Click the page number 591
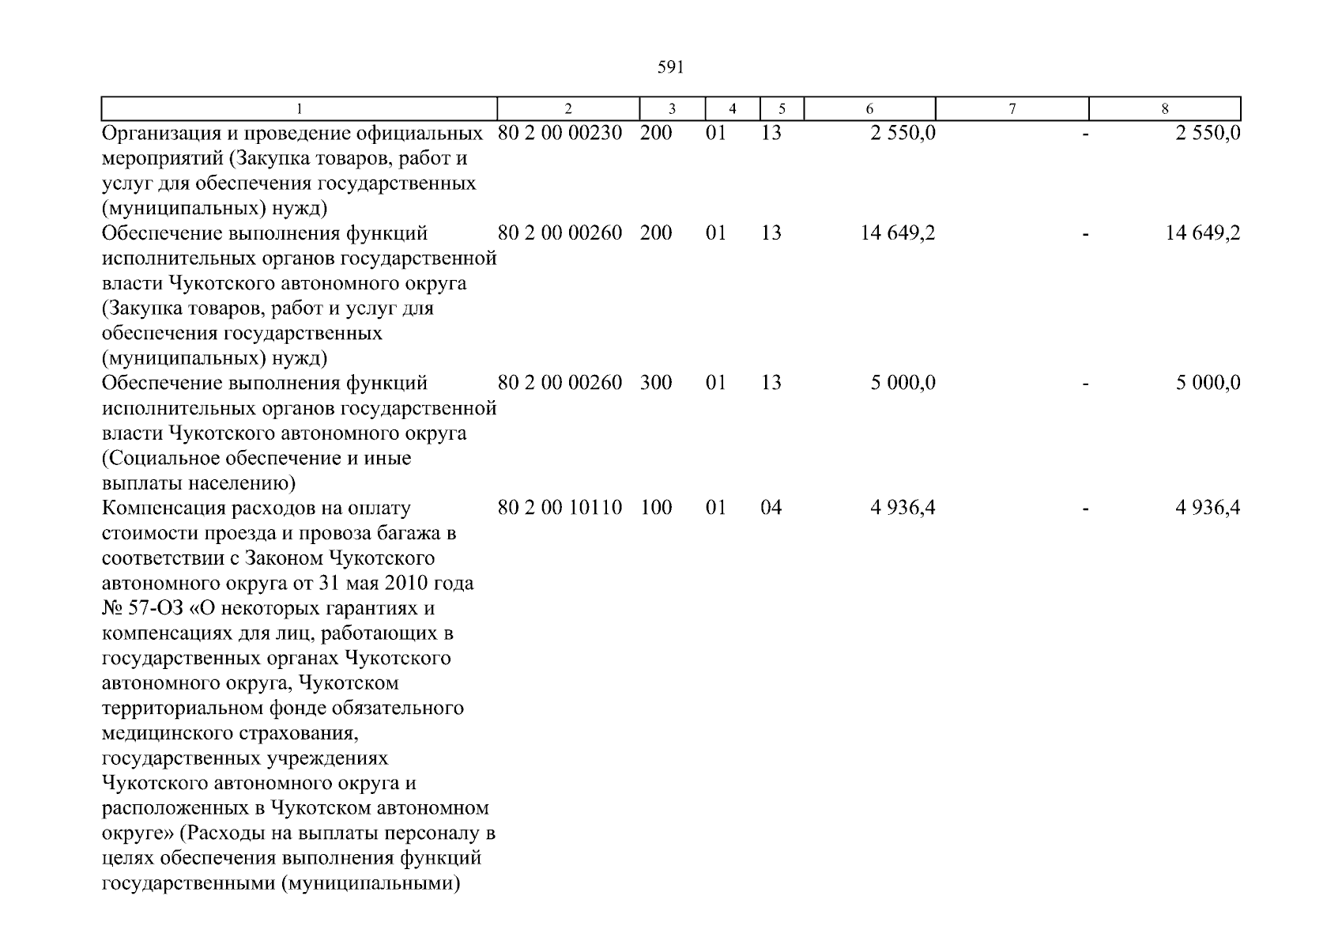click(x=670, y=68)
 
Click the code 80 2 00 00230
click(x=560, y=133)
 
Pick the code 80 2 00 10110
click(x=560, y=508)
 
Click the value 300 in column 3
click(x=656, y=383)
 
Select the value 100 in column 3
click(x=656, y=508)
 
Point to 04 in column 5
click(x=771, y=508)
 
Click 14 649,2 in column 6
click(x=898, y=233)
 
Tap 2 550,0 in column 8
click(x=1208, y=133)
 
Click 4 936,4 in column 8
click(x=1208, y=508)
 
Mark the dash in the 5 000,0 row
click(x=1086, y=383)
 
